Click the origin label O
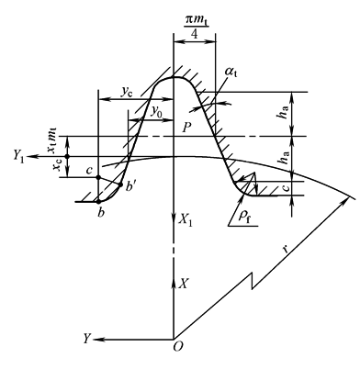(178, 347)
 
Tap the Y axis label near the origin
(87, 339)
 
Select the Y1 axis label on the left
(18, 156)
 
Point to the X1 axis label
(186, 220)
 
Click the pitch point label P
(186, 128)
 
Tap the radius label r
(286, 250)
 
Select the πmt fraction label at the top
(196, 26)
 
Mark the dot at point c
(98, 177)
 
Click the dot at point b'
(120, 184)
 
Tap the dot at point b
(98, 201)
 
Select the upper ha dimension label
(285, 115)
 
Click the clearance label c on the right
(286, 187)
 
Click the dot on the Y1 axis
(67, 156)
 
